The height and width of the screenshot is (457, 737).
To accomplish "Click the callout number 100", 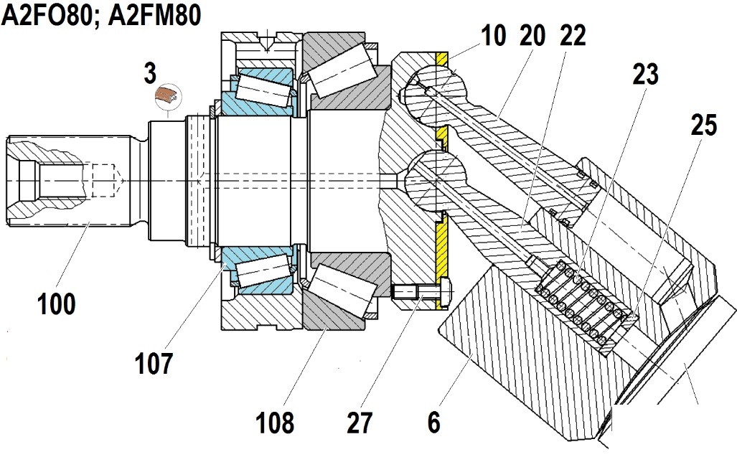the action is click(x=57, y=304).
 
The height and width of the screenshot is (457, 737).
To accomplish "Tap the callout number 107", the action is click(x=154, y=363).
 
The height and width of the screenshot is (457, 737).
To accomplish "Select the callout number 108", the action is click(x=275, y=423).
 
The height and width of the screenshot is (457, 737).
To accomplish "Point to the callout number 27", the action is click(x=360, y=423).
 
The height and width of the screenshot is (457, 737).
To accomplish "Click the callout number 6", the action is click(x=434, y=423).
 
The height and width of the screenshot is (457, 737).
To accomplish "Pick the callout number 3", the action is click(x=150, y=73).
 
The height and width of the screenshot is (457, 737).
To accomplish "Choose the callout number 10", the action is click(x=493, y=36).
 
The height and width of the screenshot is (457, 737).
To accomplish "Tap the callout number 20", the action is click(x=532, y=36).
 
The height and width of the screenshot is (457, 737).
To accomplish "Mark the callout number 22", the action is click(x=573, y=36).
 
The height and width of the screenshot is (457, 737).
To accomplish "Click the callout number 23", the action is click(x=645, y=74).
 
